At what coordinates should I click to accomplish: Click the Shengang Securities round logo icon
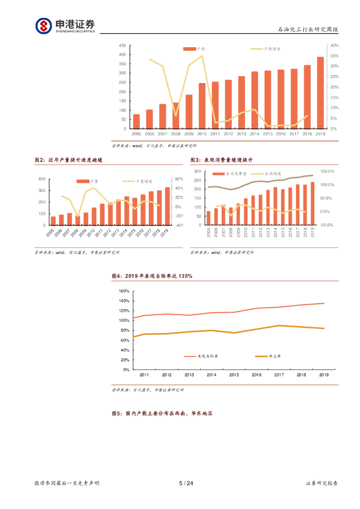tap(43, 26)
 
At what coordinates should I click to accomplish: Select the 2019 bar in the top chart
tap(320, 93)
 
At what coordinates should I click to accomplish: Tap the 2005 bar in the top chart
tap(136, 121)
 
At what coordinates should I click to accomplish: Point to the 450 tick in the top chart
tap(122, 45)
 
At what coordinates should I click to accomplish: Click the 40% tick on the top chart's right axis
tap(335, 45)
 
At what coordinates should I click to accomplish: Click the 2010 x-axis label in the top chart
tap(202, 134)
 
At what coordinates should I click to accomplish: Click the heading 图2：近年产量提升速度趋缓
tap(69, 160)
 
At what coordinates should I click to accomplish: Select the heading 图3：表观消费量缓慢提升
tap(222, 160)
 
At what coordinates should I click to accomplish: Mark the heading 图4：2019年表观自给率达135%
tap(152, 276)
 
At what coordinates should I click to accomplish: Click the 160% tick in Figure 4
tap(124, 291)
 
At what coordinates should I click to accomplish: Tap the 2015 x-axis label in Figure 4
tap(234, 375)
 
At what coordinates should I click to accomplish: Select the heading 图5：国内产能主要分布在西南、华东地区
tap(163, 413)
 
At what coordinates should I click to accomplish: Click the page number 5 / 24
tap(185, 483)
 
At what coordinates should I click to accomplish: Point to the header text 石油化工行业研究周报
tap(308, 29)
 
